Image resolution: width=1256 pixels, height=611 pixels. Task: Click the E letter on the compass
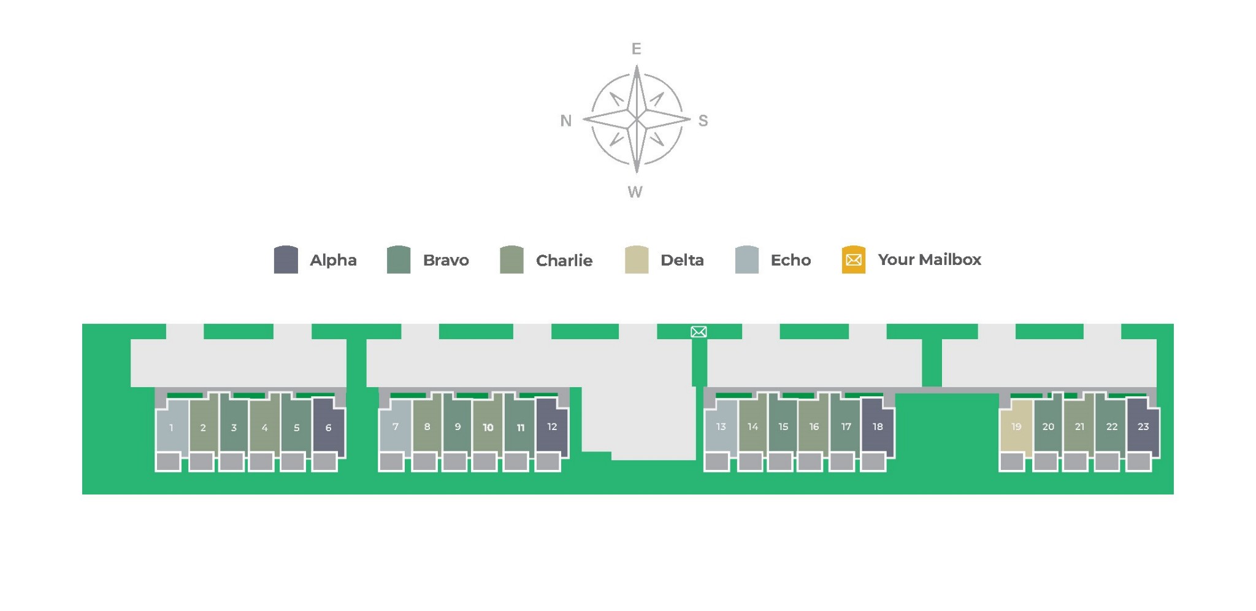(x=636, y=48)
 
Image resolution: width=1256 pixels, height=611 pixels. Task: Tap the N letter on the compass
(x=565, y=121)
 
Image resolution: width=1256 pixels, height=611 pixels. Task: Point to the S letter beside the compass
(x=703, y=121)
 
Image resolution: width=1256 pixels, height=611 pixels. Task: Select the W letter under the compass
(x=635, y=192)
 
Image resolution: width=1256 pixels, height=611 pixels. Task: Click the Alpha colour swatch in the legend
(x=286, y=259)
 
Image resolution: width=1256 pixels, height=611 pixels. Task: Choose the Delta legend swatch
(x=637, y=259)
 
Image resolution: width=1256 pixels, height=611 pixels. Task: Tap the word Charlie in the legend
(x=564, y=261)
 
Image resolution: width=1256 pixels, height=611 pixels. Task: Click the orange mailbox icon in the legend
(x=853, y=259)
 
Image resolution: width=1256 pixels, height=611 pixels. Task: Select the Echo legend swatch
(x=746, y=259)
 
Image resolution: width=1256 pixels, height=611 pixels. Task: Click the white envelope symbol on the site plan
(x=699, y=332)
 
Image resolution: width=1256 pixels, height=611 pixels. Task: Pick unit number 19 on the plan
(x=1016, y=426)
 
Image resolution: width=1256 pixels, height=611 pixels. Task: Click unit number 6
(x=328, y=428)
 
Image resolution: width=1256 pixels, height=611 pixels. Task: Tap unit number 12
(x=552, y=426)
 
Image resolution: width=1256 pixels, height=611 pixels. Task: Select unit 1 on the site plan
(x=171, y=428)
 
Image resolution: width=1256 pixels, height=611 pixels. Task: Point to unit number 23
(x=1143, y=426)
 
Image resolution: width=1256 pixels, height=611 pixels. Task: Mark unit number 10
(x=488, y=427)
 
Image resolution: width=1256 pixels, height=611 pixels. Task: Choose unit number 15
(x=783, y=426)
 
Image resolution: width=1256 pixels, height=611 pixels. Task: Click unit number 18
(x=878, y=426)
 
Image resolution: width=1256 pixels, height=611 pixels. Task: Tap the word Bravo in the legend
(x=446, y=260)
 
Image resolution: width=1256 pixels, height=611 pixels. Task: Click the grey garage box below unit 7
(x=391, y=461)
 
